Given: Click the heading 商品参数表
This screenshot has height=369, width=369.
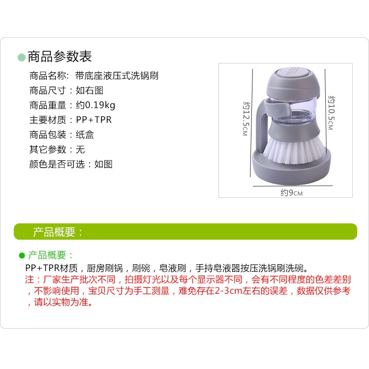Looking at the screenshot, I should click(x=60, y=57).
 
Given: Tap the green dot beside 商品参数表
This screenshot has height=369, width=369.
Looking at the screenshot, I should click(x=21, y=57).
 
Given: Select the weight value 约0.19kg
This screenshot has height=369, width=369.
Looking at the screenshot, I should click(x=95, y=105).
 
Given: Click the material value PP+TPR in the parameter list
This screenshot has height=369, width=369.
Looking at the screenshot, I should click(x=94, y=120).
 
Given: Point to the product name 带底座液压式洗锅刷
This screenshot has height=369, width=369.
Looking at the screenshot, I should click(x=117, y=76).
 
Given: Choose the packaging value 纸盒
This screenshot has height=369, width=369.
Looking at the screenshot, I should click(x=85, y=135).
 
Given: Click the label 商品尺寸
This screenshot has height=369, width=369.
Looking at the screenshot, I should click(x=47, y=91).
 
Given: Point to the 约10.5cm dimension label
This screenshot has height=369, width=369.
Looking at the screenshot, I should click(x=330, y=113).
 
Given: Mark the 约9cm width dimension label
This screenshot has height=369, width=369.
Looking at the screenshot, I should click(x=291, y=192).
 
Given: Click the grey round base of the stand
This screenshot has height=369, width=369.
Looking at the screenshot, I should click(x=293, y=175).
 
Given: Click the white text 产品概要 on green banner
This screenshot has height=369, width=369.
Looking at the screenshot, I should click(x=58, y=232).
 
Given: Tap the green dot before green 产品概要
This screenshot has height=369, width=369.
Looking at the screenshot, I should click(x=22, y=255).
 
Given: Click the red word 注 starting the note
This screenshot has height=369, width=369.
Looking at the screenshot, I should click(x=28, y=279).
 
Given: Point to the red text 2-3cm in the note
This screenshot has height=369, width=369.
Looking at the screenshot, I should click(x=217, y=291).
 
